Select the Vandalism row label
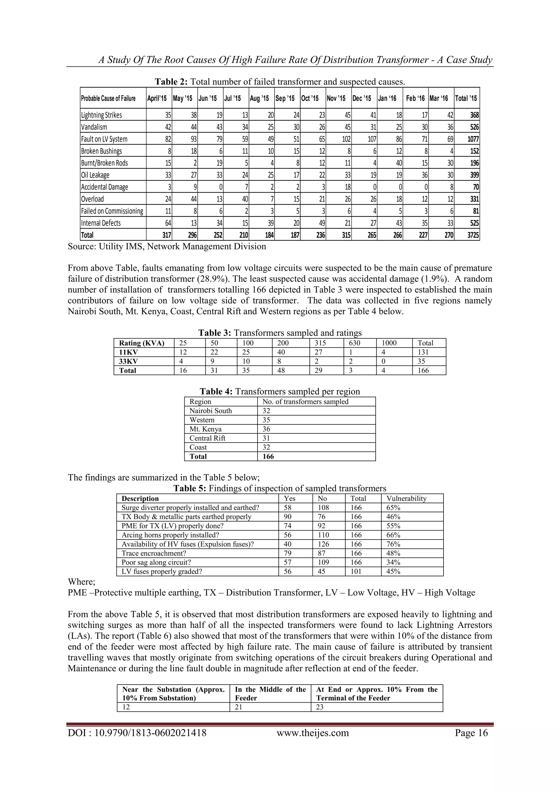tap(94, 127)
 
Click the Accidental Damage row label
tap(104, 187)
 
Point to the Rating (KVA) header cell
tap(142, 343)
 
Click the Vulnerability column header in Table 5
tap(406, 499)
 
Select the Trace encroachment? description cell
tap(154, 553)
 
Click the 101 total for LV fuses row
tap(356, 572)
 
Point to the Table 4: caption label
tap(217, 392)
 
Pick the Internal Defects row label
tap(101, 223)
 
